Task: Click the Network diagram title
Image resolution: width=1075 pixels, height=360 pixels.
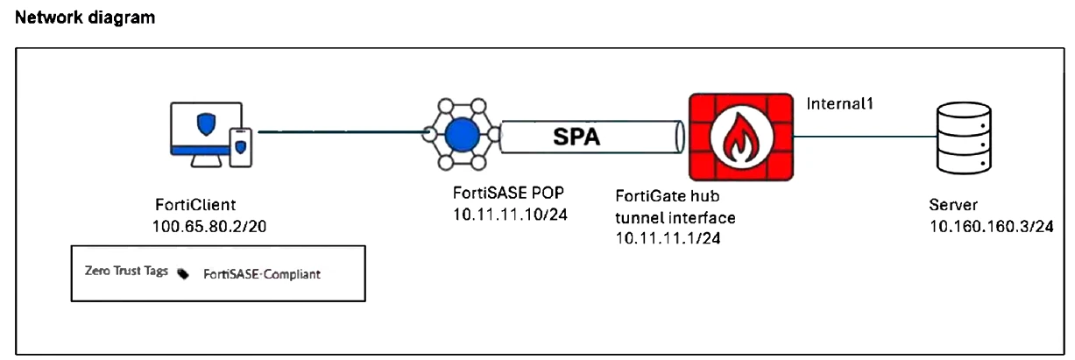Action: (x=85, y=18)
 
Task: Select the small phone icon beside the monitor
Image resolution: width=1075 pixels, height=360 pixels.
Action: (x=240, y=147)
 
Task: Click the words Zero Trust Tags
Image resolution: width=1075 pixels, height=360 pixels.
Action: (x=125, y=272)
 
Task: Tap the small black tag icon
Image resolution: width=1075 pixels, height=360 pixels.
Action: (x=183, y=273)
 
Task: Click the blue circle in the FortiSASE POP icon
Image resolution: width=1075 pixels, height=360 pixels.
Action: (x=461, y=136)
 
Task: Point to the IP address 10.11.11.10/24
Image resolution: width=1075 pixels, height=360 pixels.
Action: (x=501, y=213)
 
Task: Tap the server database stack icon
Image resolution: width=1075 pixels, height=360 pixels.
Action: (x=963, y=137)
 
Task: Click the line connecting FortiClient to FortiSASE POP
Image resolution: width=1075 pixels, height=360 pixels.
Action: (x=342, y=132)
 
